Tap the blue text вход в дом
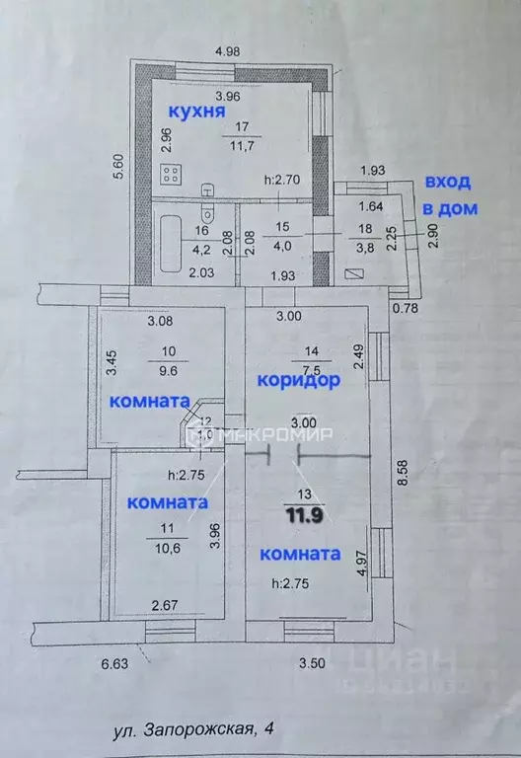(x=448, y=194)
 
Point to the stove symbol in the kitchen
(x=172, y=176)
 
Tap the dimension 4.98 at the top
(x=229, y=50)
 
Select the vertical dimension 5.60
(x=117, y=169)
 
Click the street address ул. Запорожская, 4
(x=194, y=729)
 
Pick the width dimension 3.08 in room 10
(x=160, y=320)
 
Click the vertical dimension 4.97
(x=363, y=564)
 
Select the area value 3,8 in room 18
(x=364, y=250)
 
